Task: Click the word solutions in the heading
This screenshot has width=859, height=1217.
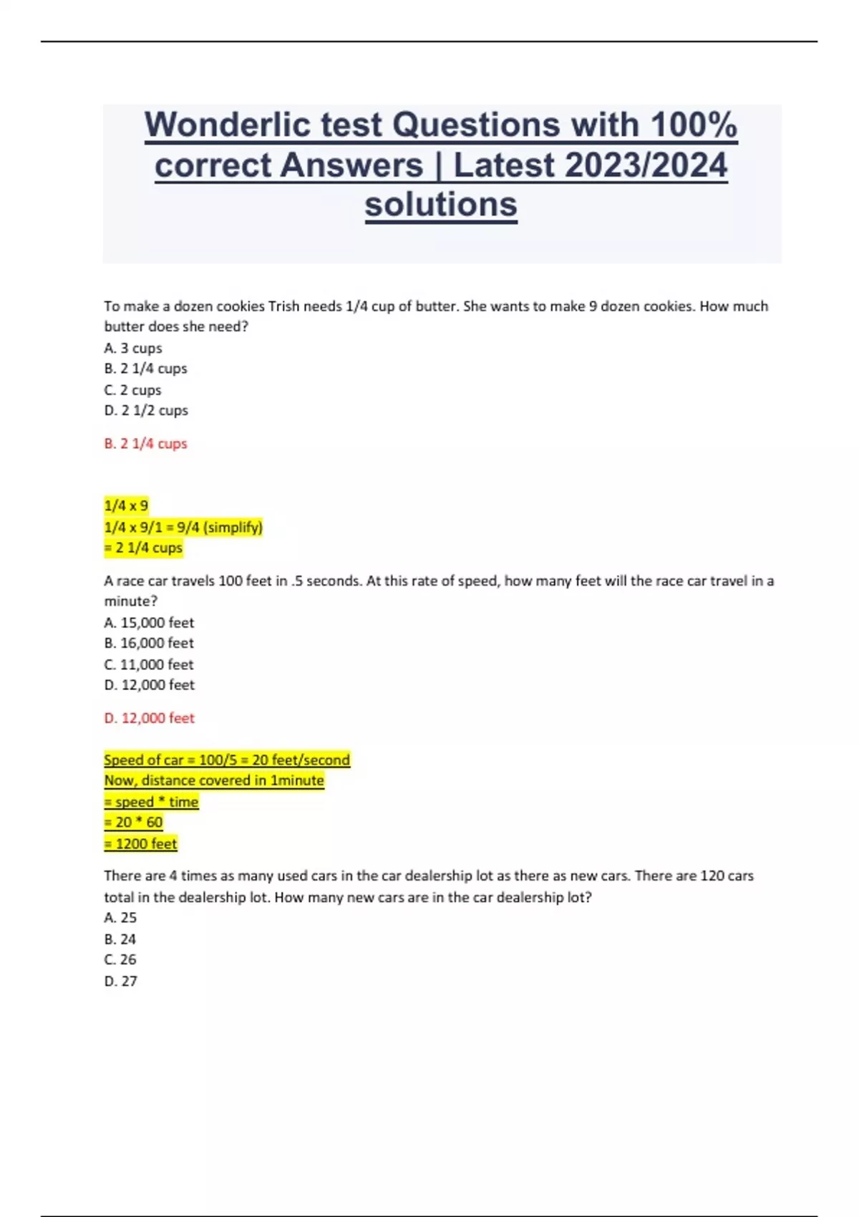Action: pyautogui.click(x=441, y=205)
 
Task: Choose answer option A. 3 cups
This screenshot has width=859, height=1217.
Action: pyautogui.click(x=133, y=349)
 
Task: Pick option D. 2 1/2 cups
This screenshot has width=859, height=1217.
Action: pyautogui.click(x=146, y=411)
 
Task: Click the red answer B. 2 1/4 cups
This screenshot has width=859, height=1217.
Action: pyautogui.click(x=145, y=444)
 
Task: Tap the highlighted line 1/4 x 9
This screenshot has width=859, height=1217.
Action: pyautogui.click(x=126, y=506)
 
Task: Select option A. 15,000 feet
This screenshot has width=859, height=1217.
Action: pyautogui.click(x=149, y=623)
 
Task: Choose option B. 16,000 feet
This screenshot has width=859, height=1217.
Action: pyautogui.click(x=149, y=644)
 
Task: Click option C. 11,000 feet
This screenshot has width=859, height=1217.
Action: pyautogui.click(x=149, y=664)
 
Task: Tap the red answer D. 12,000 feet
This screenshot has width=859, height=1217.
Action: pyautogui.click(x=149, y=718)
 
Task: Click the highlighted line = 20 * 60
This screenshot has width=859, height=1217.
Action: pyautogui.click(x=134, y=823)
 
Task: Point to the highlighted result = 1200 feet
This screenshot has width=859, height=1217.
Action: pyautogui.click(x=140, y=844)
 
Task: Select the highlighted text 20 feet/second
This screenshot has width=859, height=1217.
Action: pyautogui.click(x=301, y=760)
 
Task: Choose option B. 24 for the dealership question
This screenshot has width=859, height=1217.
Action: pyautogui.click(x=120, y=939)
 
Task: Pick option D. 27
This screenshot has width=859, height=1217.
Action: pyautogui.click(x=120, y=981)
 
